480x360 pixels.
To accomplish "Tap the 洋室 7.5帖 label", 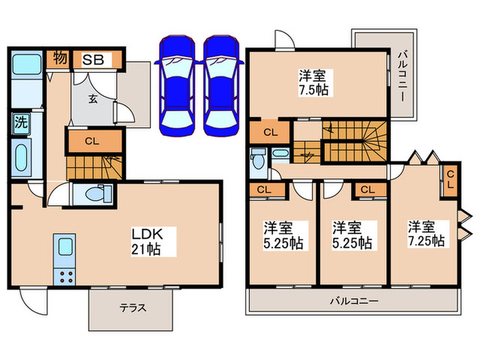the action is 314,83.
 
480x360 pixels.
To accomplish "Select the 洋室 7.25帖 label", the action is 426,235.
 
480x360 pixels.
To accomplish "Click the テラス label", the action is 133,308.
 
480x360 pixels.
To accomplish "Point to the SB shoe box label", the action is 93,60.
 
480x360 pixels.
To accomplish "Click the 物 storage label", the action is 60,58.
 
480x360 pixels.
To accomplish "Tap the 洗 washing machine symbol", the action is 21,123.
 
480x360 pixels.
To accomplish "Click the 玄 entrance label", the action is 93,99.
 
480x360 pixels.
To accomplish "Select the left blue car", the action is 177,86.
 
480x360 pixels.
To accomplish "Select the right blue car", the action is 221,86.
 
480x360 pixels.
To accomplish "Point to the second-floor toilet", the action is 259,159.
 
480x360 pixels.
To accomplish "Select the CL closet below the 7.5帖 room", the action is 269,132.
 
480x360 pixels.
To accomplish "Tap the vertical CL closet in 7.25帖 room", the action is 451,180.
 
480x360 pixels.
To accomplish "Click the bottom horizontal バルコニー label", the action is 354,301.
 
